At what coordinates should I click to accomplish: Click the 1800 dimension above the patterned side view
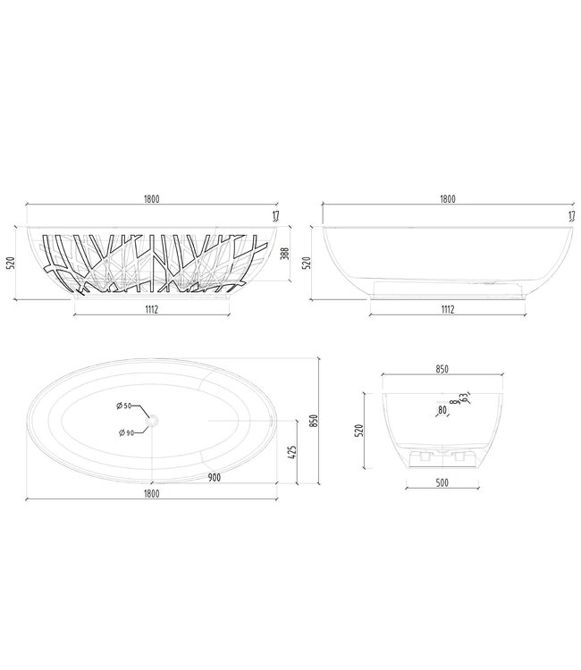click(x=150, y=199)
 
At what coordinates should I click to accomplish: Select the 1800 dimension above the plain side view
click(x=447, y=199)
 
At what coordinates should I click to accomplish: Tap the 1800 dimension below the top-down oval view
click(x=150, y=492)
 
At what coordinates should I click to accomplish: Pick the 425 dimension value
click(x=292, y=451)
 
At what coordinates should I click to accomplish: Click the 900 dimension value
click(x=215, y=478)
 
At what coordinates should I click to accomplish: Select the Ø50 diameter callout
click(x=124, y=406)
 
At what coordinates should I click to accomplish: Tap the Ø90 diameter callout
click(x=124, y=433)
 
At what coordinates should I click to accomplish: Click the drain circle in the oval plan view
click(x=153, y=419)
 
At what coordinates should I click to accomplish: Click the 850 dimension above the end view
click(x=442, y=369)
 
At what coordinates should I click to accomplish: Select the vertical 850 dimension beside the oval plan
click(x=314, y=421)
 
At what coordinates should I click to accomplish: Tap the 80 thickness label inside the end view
click(x=442, y=411)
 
